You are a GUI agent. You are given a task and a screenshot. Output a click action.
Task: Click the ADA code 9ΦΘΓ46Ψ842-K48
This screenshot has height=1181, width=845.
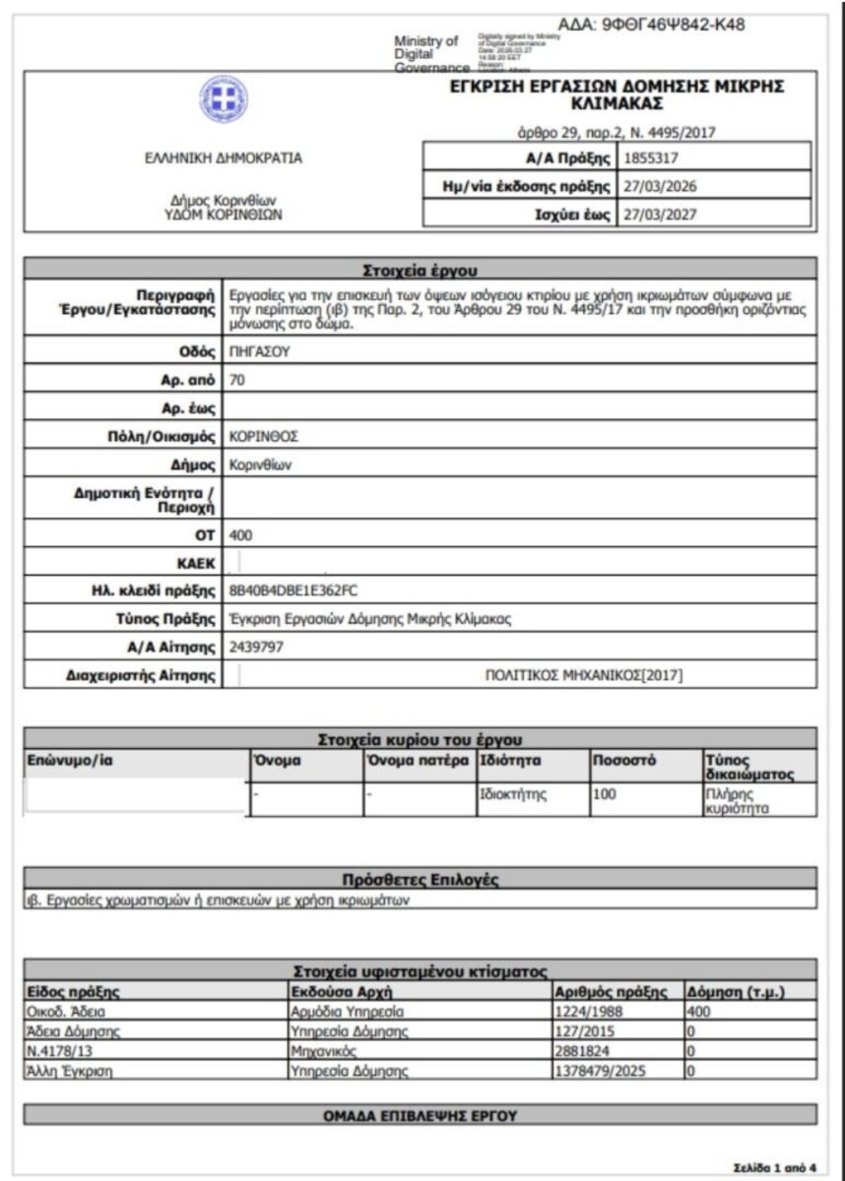(x=651, y=25)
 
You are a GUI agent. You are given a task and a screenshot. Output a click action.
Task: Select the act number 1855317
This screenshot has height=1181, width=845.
(x=651, y=156)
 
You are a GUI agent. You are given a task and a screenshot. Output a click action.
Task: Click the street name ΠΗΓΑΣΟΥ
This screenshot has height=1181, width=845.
(x=255, y=350)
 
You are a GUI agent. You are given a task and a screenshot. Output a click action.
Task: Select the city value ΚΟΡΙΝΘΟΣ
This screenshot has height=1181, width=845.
(x=263, y=436)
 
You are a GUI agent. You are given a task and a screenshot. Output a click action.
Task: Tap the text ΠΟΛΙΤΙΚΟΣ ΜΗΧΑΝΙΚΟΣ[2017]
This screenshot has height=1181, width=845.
(x=584, y=674)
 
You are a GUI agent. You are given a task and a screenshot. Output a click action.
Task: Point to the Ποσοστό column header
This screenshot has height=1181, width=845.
(x=624, y=761)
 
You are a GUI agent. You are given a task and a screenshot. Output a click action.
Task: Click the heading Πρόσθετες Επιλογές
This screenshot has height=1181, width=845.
(x=421, y=880)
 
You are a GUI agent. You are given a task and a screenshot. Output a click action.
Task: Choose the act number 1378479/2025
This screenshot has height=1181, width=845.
(x=602, y=1071)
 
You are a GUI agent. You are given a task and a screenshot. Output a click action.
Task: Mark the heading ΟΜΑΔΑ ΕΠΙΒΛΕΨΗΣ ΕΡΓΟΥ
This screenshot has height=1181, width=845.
(x=421, y=1115)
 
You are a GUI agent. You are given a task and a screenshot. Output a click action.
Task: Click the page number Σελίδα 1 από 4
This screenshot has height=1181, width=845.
(x=775, y=1167)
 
